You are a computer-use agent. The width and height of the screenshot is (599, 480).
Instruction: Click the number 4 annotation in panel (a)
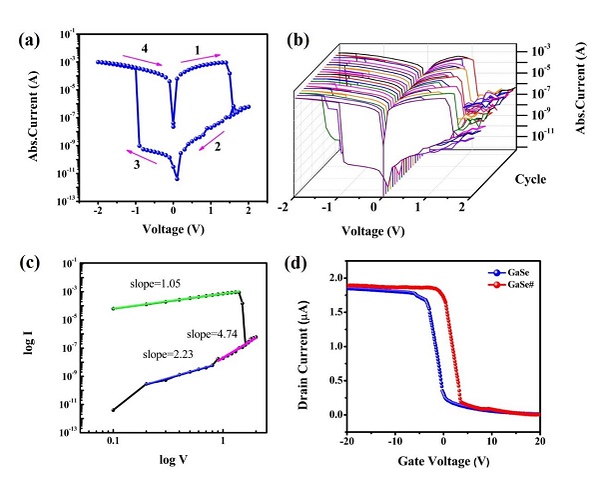click(146, 49)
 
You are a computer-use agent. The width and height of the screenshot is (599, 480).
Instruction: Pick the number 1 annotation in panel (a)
click(196, 49)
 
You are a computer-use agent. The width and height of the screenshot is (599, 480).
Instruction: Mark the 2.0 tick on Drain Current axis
click(334, 277)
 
